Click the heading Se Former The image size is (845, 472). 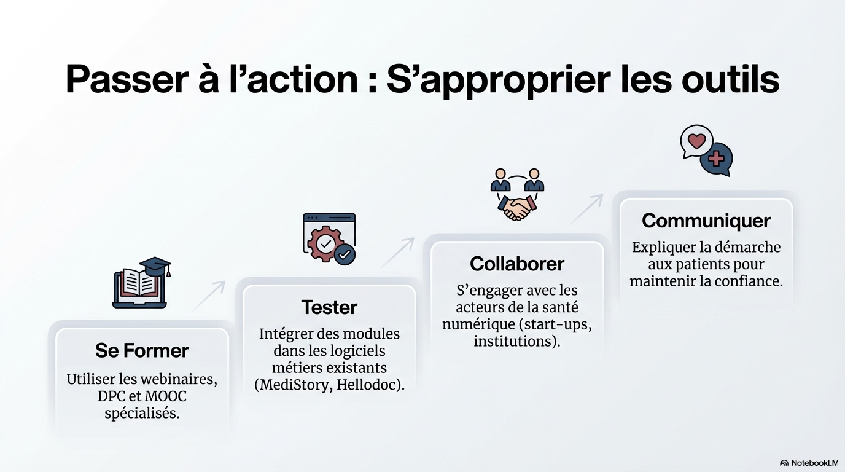[142, 350]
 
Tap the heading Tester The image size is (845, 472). [329, 307]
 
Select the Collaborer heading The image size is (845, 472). [517, 264]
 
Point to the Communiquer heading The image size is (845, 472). [706, 221]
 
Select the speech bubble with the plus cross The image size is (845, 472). [717, 159]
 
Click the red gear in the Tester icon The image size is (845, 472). [325, 243]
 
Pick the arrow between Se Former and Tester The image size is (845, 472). [209, 296]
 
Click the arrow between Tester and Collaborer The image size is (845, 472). [397, 252]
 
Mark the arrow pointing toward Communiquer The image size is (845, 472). [586, 209]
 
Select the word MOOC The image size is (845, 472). [166, 396]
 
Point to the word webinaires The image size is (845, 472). [181, 379]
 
